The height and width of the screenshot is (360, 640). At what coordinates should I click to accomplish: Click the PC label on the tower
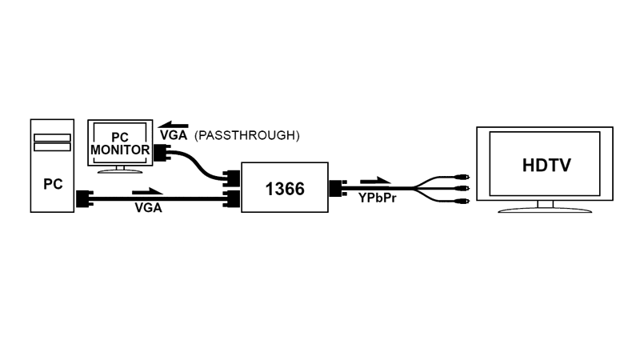(x=53, y=184)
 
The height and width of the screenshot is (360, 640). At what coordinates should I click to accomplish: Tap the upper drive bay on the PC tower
(x=52, y=138)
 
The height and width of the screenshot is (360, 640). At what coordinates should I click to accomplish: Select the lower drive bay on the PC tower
(x=52, y=147)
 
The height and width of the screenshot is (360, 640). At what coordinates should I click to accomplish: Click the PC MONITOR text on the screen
(x=120, y=144)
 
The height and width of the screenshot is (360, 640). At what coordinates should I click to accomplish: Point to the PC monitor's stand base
(x=120, y=171)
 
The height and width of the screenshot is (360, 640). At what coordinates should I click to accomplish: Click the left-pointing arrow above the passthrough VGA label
(x=173, y=125)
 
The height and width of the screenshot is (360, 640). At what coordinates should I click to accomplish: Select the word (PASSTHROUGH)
(x=247, y=135)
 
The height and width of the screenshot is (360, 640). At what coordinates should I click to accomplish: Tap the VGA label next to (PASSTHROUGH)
(x=174, y=135)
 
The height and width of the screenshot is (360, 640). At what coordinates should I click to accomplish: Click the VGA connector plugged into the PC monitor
(x=162, y=152)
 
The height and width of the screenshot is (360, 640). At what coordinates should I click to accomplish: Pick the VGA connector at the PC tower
(x=85, y=198)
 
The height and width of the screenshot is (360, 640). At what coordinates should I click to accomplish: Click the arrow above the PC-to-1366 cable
(x=147, y=191)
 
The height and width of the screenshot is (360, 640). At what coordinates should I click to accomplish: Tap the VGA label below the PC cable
(x=149, y=208)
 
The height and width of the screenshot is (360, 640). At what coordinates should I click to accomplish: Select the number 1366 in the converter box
(x=285, y=189)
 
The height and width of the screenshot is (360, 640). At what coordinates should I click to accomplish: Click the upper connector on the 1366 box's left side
(x=232, y=178)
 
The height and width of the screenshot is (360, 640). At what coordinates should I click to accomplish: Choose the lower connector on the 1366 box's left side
(x=232, y=198)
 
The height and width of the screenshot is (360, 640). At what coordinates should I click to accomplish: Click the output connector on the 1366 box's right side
(x=338, y=188)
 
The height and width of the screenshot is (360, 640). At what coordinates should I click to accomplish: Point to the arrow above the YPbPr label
(x=375, y=181)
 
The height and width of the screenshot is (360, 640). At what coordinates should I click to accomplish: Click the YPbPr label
(x=378, y=198)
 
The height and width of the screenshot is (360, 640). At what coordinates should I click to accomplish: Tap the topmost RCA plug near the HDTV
(x=462, y=177)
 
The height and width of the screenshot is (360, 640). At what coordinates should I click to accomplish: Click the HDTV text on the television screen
(x=546, y=166)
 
